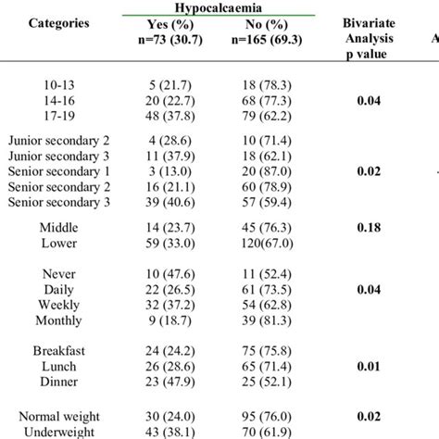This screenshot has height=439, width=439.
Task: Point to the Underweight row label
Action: pyautogui.click(x=64, y=431)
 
